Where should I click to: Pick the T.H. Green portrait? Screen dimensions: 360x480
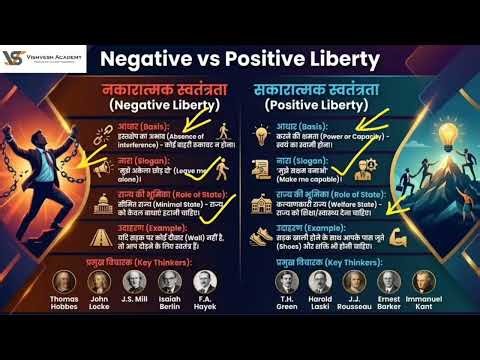point(287,283)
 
